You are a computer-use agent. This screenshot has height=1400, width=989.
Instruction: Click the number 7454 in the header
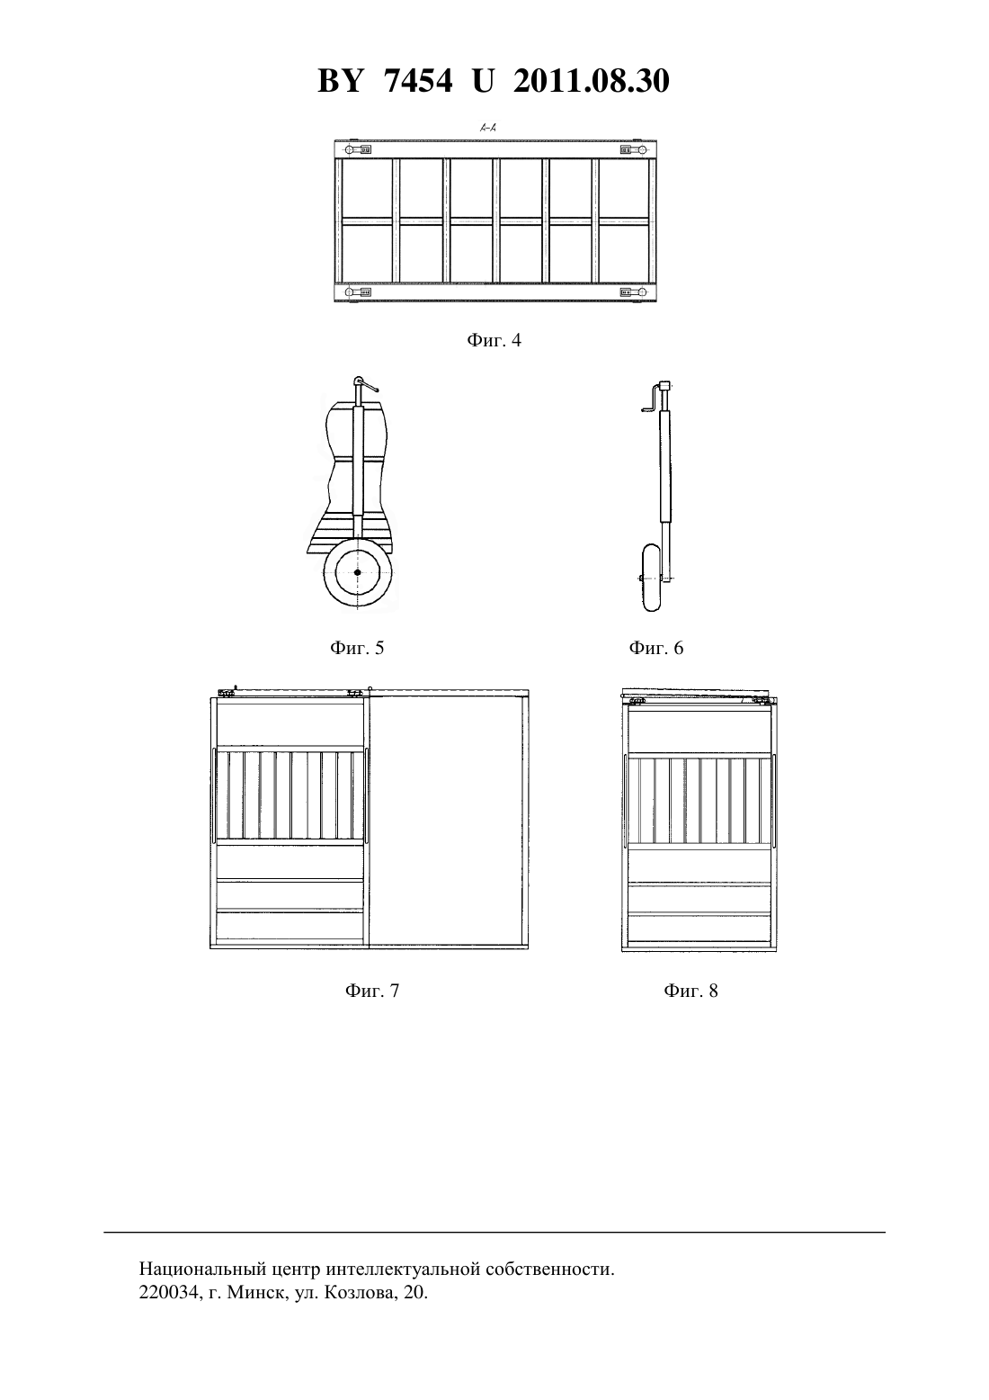pos(418,81)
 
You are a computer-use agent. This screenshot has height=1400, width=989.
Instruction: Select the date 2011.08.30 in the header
pos(592,81)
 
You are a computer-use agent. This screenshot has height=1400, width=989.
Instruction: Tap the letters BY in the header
pos(340,81)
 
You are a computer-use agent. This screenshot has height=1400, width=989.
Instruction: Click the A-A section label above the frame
pos(487,128)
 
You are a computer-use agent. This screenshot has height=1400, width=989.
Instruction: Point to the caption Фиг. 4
pos(494,340)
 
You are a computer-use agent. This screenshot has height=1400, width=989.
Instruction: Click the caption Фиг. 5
pos(357,648)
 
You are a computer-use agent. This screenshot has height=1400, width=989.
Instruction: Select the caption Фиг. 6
pos(656,648)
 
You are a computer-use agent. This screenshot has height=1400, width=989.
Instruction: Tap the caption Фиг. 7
pos(372,991)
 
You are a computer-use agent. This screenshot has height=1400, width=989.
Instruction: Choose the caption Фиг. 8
pos(691,991)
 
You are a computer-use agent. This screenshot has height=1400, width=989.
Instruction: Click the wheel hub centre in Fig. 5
pos(357,572)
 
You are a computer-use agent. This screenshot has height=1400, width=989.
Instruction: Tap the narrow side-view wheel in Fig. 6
pos(651,578)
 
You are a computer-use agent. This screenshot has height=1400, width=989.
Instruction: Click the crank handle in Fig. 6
pos(650,400)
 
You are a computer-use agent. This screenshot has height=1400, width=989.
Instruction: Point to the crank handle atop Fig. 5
pos(367,384)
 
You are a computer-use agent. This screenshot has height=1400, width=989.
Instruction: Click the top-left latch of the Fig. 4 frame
pos(359,150)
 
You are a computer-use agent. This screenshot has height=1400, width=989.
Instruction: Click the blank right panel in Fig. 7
pos(447,821)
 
